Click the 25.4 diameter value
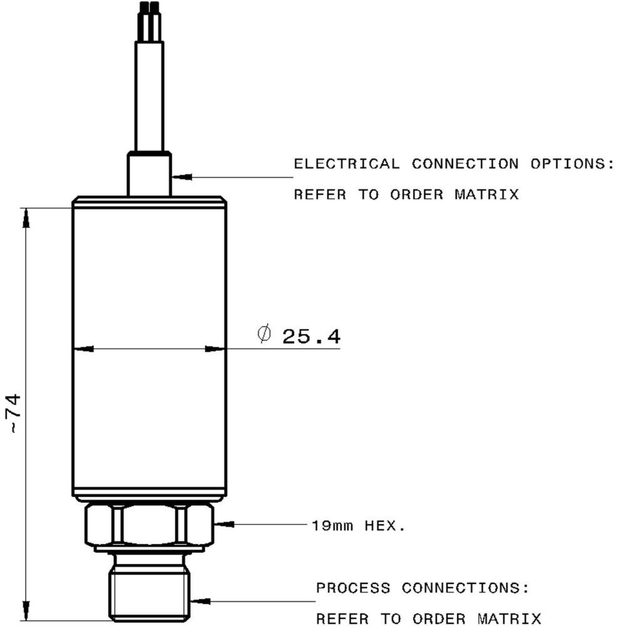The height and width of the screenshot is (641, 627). tap(311, 337)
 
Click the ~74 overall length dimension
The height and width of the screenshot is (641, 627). tap(13, 413)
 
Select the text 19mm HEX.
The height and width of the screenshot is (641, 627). tap(358, 525)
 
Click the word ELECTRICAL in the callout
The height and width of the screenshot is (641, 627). tap(346, 164)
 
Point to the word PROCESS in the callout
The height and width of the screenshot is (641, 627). tap(353, 588)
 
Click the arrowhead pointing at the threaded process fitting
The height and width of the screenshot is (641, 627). tap(198, 602)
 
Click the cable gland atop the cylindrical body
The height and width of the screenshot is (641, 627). tap(148, 173)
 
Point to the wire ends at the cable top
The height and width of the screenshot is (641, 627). tap(149, 8)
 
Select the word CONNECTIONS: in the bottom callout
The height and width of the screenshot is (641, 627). tap(466, 588)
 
